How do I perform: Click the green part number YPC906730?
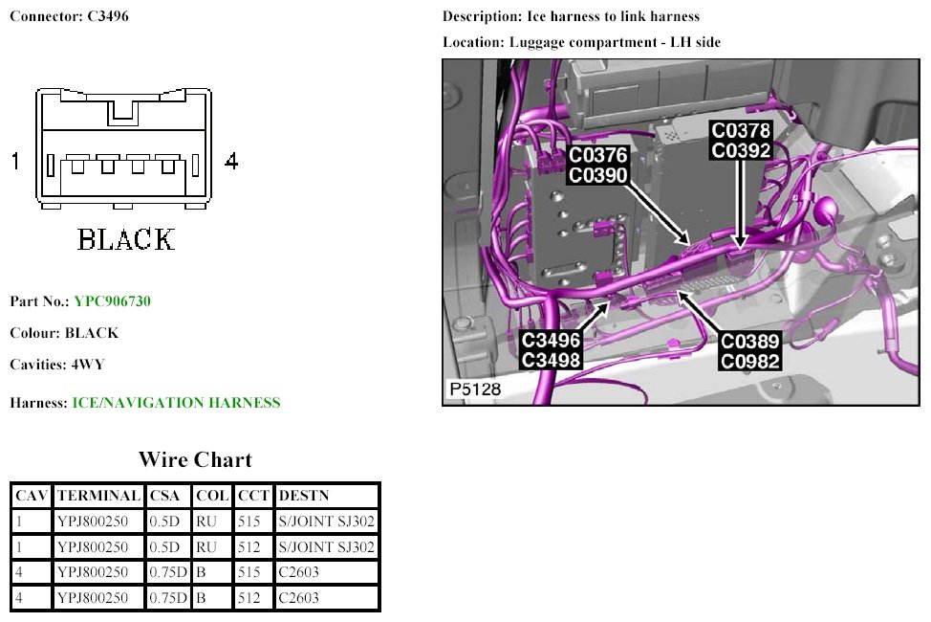click(x=112, y=301)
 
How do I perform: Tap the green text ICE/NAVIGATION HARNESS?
click(x=177, y=403)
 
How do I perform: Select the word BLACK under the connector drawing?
click(x=126, y=238)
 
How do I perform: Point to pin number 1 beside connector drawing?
click(x=15, y=161)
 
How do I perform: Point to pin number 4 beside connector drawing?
click(x=230, y=161)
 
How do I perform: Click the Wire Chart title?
click(x=195, y=460)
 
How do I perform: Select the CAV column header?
click(x=32, y=496)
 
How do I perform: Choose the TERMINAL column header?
click(x=99, y=496)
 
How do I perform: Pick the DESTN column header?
click(x=302, y=496)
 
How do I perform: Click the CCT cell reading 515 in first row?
click(x=248, y=522)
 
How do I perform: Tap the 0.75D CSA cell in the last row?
click(x=168, y=598)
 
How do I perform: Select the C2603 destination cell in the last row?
click(x=299, y=598)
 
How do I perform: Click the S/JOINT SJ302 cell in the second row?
click(x=326, y=547)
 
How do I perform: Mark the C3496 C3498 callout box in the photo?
click(x=552, y=349)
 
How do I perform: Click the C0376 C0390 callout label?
click(x=598, y=165)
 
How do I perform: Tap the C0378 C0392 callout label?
click(x=741, y=139)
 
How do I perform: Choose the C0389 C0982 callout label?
click(x=750, y=351)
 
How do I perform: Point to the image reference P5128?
click(x=474, y=390)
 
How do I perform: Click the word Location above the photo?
click(x=472, y=42)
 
